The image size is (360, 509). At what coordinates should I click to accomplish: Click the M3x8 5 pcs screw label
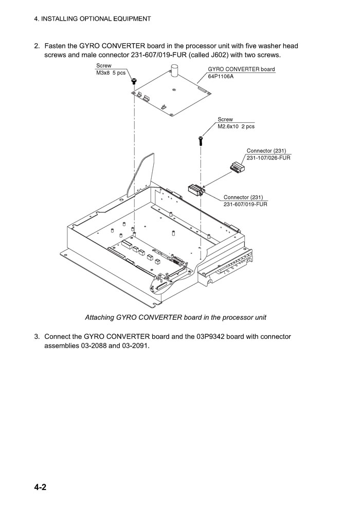[111, 73]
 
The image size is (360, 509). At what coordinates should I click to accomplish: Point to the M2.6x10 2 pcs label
[236, 126]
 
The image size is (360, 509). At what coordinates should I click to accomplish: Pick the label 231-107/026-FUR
[268, 158]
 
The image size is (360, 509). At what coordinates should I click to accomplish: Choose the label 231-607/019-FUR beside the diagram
[245, 204]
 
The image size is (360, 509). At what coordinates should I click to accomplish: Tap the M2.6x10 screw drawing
[201, 139]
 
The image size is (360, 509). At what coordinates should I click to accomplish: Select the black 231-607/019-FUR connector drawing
[196, 190]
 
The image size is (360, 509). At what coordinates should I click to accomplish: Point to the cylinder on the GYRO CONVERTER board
[174, 70]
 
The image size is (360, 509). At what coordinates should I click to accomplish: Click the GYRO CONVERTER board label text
[241, 69]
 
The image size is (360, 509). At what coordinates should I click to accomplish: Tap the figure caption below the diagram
[175, 317]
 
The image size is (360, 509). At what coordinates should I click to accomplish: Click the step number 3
[37, 337]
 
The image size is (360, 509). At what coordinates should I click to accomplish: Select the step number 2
[37, 46]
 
